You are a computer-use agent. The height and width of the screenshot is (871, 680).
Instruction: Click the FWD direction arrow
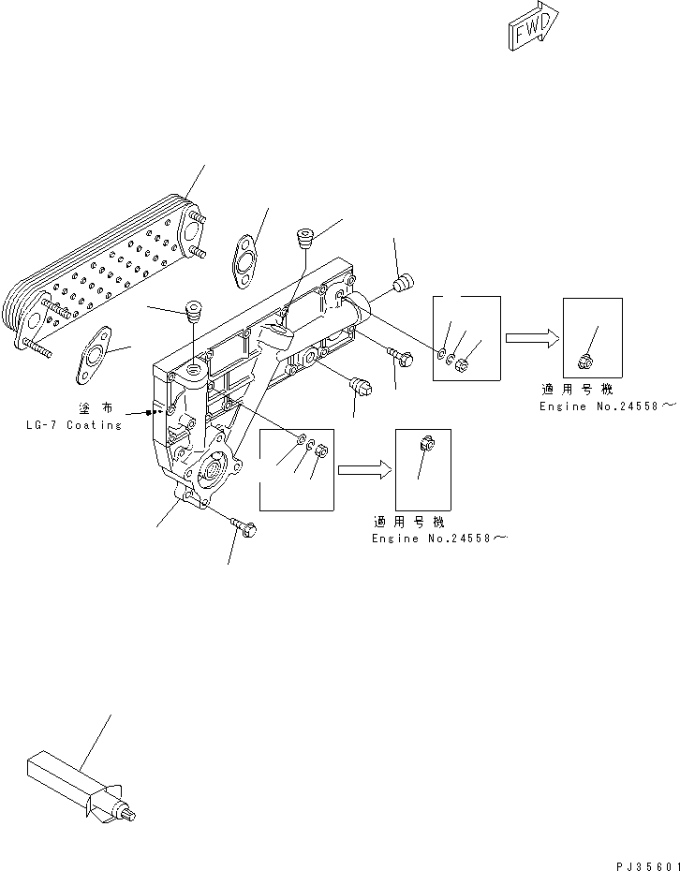531,25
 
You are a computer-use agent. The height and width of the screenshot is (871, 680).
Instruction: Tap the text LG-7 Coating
73,425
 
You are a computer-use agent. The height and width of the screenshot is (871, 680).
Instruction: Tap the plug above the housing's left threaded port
195,308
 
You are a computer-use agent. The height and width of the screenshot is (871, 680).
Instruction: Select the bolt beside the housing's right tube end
395,355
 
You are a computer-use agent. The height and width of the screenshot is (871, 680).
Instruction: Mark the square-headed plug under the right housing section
360,384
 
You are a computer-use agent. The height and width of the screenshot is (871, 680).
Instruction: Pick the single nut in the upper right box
584,360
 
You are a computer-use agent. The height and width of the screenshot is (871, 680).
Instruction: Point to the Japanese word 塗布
99,409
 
